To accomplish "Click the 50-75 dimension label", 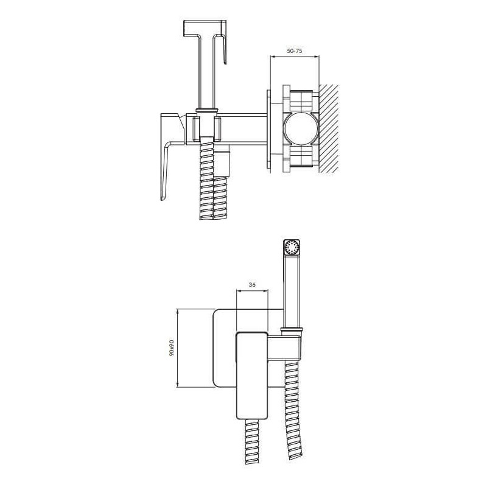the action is tap(294, 51).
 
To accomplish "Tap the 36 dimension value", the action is tap(252, 284).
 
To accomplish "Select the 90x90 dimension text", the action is tap(171, 348).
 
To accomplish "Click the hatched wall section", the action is tap(329, 128).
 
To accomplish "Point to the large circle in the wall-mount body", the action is tap(301, 128).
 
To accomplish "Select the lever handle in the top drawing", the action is tap(169, 157).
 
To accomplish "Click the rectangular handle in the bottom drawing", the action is tap(252, 376).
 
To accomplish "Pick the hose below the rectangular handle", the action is tap(252, 443).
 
